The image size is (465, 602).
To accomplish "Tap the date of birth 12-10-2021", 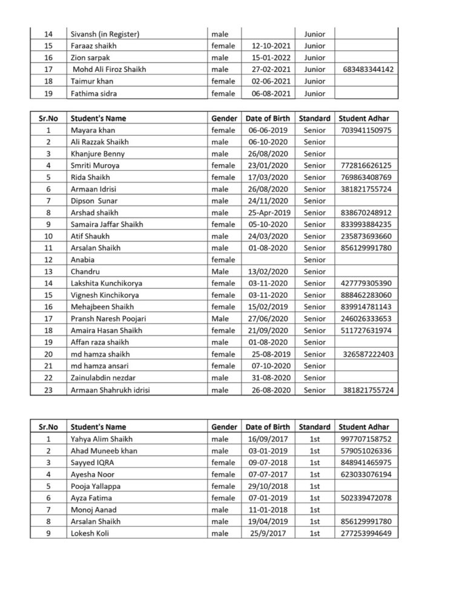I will click(271, 45).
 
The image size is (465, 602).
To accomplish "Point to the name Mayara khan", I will click(93, 130).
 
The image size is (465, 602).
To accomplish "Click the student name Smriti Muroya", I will click(95, 165).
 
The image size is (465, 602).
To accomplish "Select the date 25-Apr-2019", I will click(270, 213).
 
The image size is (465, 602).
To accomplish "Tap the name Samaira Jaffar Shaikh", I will click(107, 224).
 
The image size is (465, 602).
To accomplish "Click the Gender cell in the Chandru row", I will click(220, 271).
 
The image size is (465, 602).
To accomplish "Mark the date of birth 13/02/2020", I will click(268, 271).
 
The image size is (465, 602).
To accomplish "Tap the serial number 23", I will click(48, 390).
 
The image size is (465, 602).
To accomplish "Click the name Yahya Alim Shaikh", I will click(102, 439).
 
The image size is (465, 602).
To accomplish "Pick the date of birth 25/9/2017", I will click(271, 533).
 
